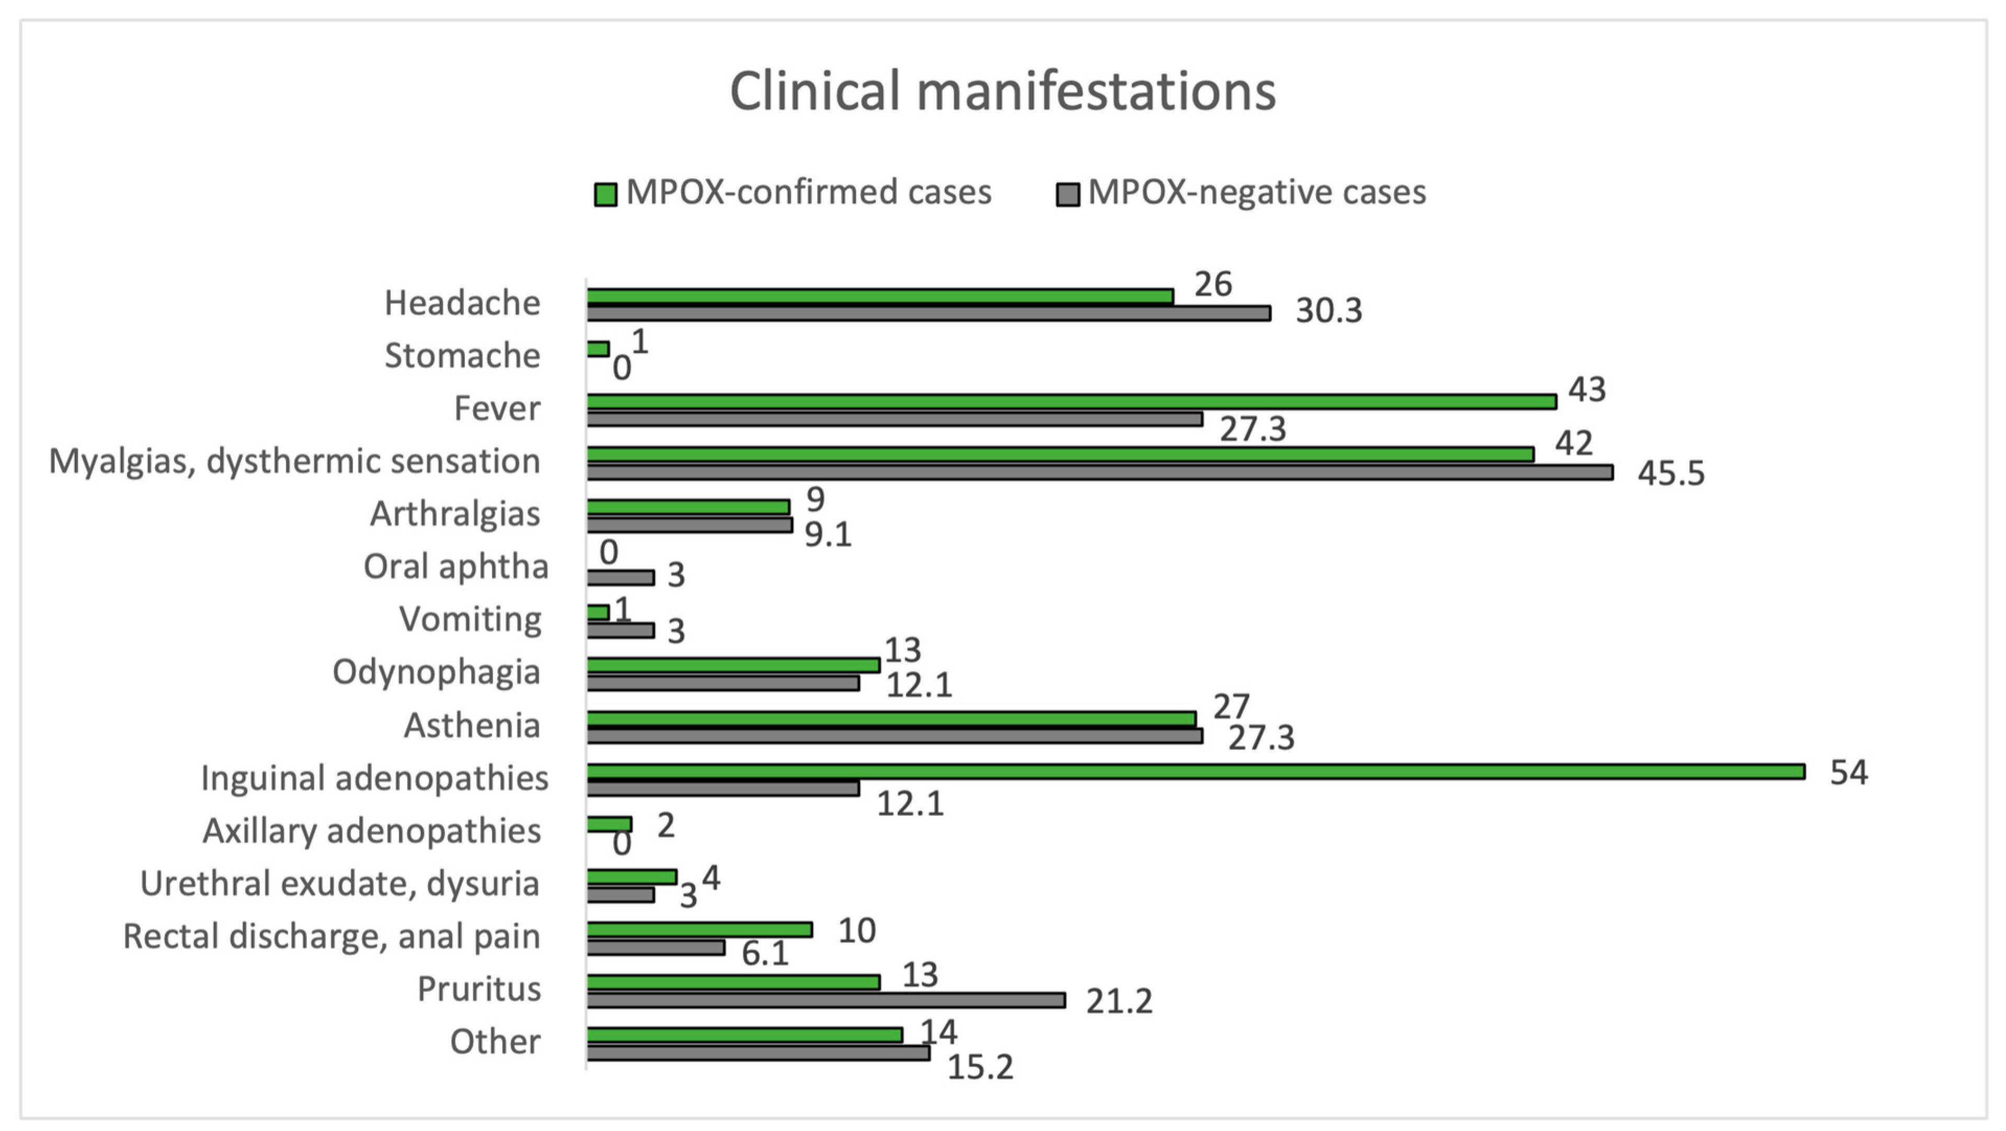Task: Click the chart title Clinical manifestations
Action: (x=1002, y=91)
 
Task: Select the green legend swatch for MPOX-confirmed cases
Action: (x=605, y=194)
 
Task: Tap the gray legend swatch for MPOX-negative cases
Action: (x=1068, y=194)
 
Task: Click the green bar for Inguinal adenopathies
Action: (x=1195, y=771)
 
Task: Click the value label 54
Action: (x=1848, y=773)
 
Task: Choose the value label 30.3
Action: (x=1328, y=311)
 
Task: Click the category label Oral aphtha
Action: (x=455, y=567)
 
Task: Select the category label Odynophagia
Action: (x=436, y=672)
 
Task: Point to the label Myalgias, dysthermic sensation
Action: (x=294, y=461)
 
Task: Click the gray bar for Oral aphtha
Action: (x=620, y=578)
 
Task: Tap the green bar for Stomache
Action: (x=598, y=349)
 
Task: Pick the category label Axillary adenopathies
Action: (x=372, y=831)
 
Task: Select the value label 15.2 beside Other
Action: (x=980, y=1068)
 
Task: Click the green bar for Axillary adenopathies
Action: (x=609, y=824)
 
